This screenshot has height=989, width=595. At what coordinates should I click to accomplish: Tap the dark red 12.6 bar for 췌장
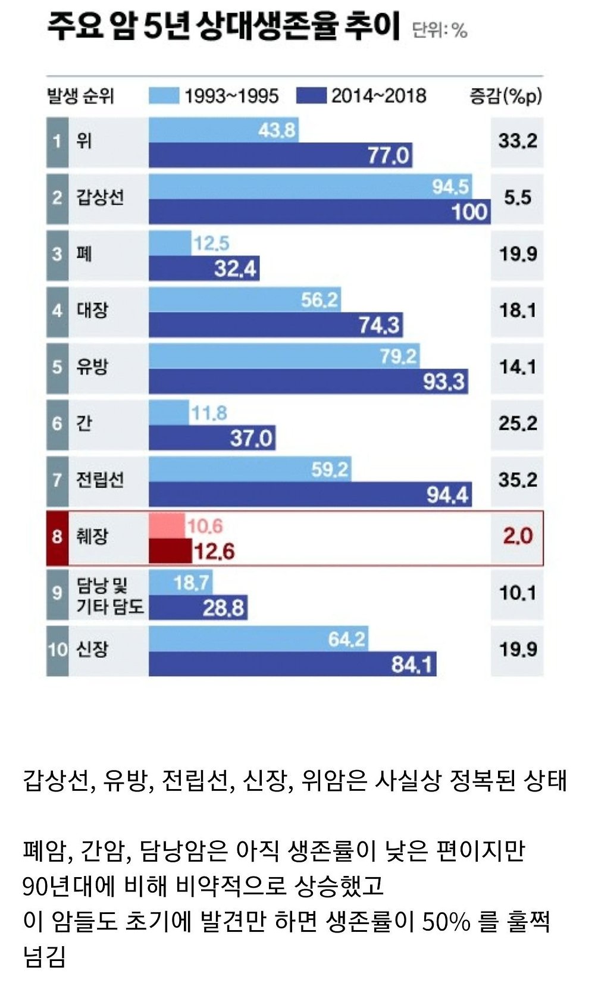coord(170,551)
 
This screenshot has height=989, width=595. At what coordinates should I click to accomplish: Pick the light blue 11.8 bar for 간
coord(168,412)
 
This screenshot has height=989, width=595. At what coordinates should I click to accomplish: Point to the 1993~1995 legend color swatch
coord(164,96)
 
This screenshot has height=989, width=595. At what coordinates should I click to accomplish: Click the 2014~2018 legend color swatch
coord(311,96)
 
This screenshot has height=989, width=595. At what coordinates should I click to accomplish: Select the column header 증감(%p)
coord(506,96)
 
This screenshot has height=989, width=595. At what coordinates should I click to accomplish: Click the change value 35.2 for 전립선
coord(517,480)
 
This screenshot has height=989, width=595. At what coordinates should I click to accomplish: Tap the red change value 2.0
coord(517,536)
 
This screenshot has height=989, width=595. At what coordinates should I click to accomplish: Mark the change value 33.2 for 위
coord(517,141)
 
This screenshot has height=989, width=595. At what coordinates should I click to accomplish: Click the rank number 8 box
coord(57,537)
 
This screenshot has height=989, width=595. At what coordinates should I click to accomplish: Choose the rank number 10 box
coord(57,649)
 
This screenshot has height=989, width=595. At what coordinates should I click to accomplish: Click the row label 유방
coord(92,367)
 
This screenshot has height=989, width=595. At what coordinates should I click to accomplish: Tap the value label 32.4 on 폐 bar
coord(235,269)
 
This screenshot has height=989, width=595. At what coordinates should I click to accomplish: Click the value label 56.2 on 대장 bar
coord(319,299)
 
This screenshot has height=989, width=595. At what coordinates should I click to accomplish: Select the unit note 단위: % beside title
coord(440,30)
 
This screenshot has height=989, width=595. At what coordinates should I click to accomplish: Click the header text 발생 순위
coord(80,96)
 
